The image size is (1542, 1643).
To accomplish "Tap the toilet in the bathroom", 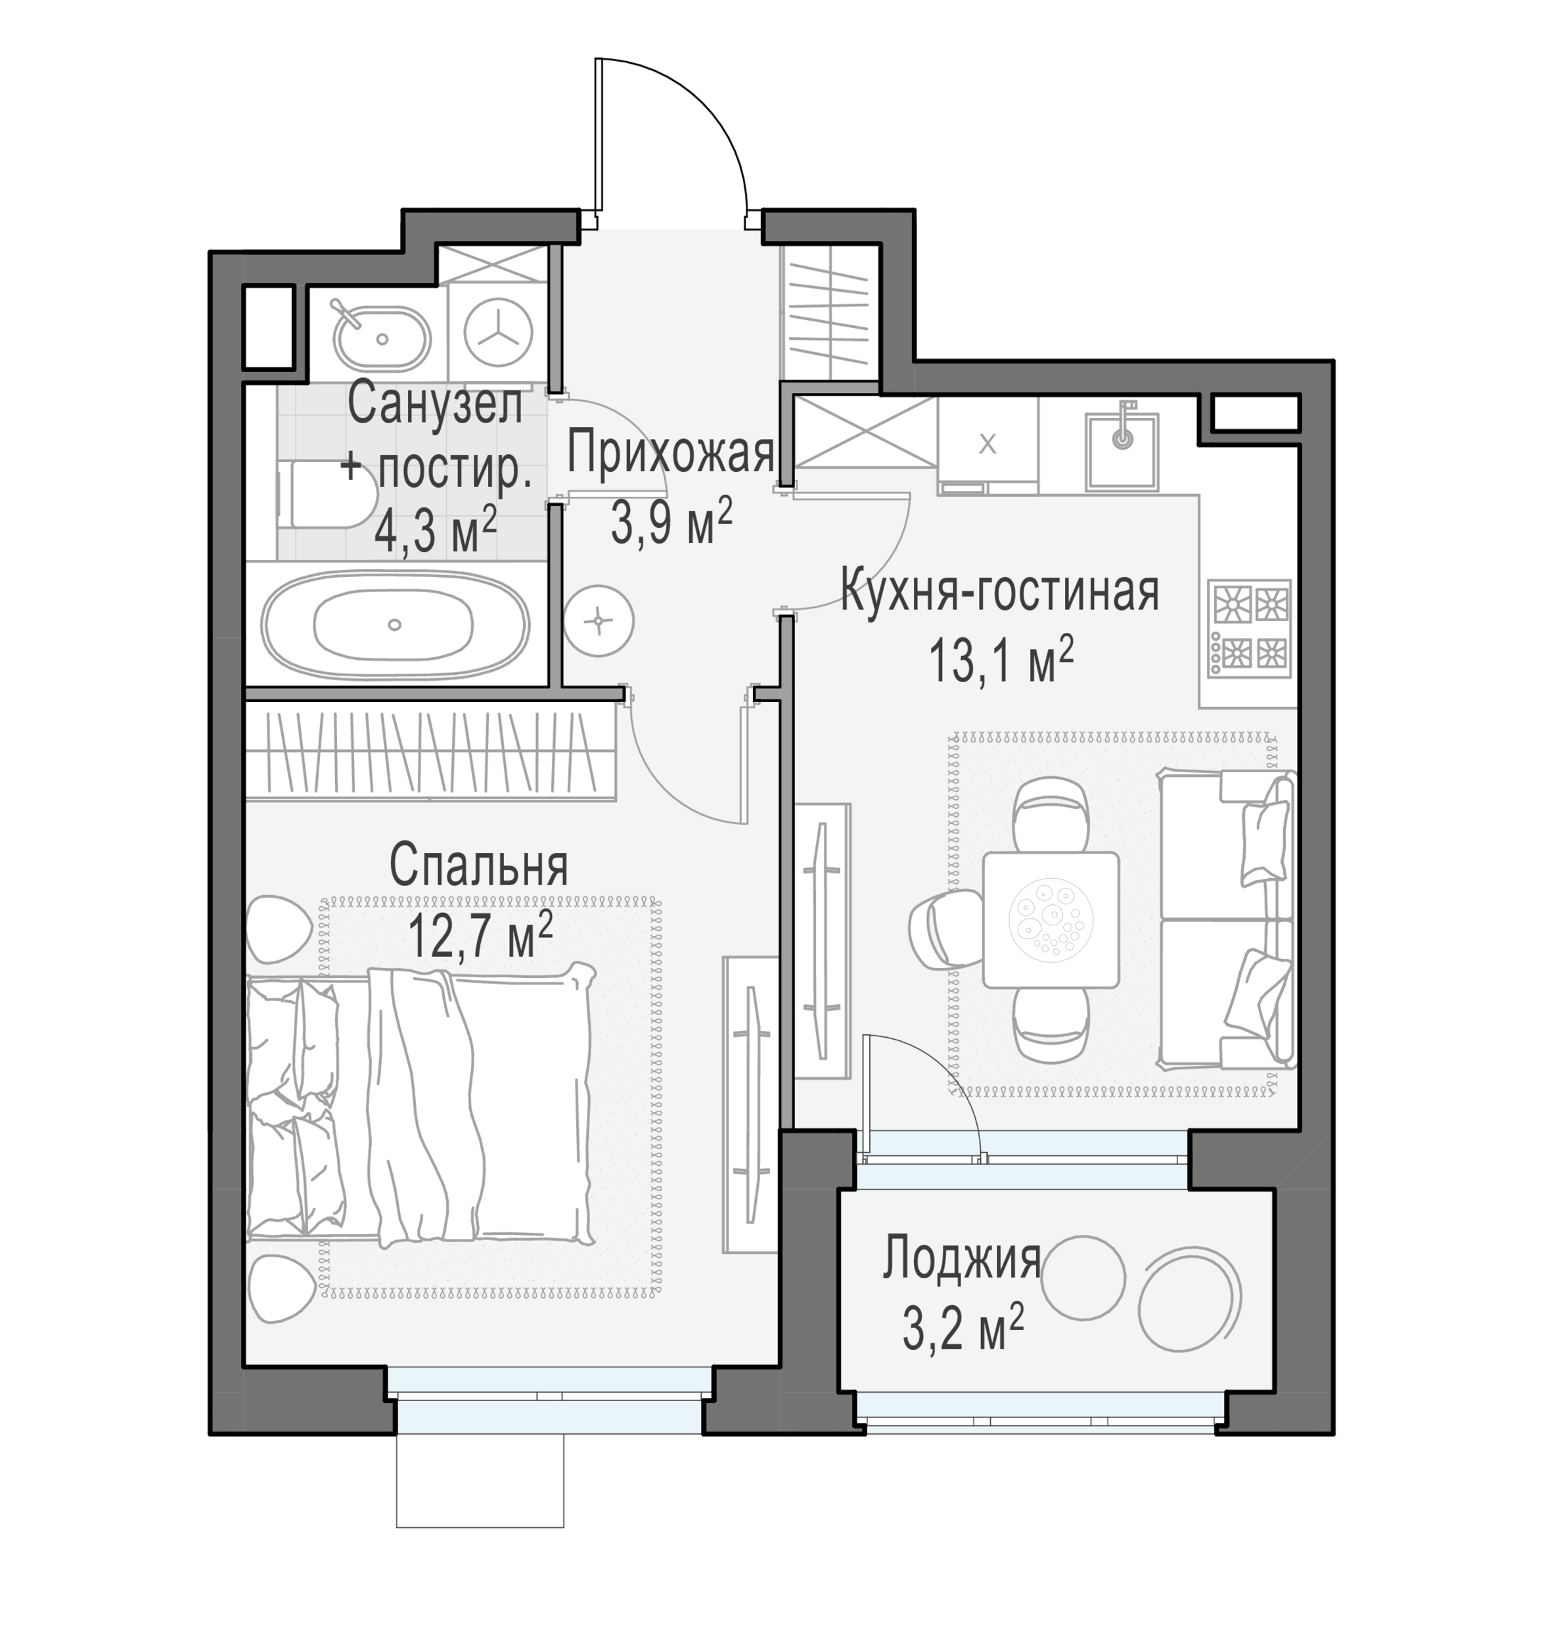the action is coord(327,494).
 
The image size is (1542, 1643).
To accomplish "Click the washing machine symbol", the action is coord(498,333).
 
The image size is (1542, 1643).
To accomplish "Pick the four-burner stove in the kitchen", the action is coord(1248,629).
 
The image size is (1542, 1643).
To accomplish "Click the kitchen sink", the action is coord(1122,450).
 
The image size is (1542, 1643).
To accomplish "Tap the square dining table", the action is coord(1051,920).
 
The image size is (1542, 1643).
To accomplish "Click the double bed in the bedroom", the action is coord(420,1105).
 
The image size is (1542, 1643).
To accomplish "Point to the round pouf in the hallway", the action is coord(599,620).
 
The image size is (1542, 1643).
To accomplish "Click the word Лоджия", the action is coord(961,1259).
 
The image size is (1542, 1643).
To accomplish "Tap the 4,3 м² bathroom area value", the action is coord(436,529).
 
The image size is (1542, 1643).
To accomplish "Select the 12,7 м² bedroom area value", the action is coord(480,934).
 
